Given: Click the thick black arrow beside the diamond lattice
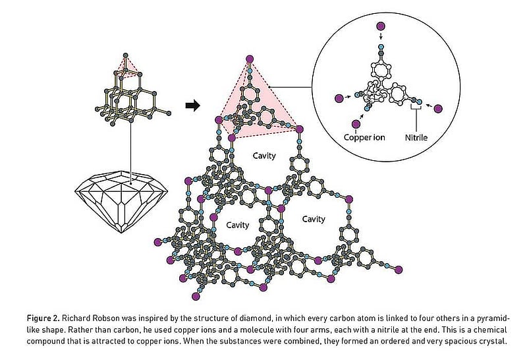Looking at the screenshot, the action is (x=192, y=105).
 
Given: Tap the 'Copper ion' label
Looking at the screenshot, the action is (x=364, y=138).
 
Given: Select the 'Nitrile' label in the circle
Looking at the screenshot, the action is (x=416, y=138).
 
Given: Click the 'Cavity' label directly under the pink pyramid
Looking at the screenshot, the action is (x=264, y=156).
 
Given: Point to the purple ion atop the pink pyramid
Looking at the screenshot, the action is (x=250, y=59).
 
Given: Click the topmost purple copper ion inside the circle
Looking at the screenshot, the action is (x=381, y=26).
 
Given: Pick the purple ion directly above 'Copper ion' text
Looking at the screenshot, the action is (x=356, y=124).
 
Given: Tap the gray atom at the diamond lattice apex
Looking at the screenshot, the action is (x=125, y=55).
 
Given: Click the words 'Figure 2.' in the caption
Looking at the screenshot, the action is (x=43, y=318).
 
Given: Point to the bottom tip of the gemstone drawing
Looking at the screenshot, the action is (x=121, y=233).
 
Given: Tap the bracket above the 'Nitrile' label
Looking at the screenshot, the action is (x=416, y=108).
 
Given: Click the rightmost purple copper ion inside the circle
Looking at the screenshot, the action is (x=438, y=109).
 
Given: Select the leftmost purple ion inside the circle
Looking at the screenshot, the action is (x=339, y=98).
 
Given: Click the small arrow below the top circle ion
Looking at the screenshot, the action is (x=381, y=36).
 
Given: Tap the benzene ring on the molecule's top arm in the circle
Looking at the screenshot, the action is (x=381, y=70).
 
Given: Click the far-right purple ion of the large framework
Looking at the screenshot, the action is (x=399, y=270).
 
